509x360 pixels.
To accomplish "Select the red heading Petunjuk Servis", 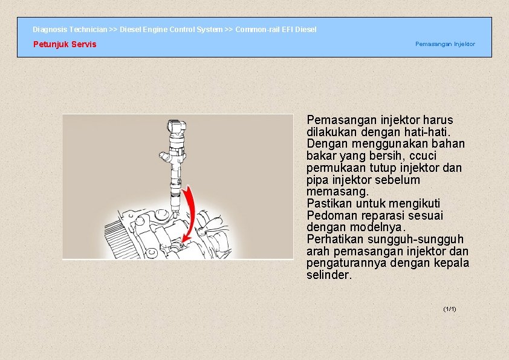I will (x=65, y=44).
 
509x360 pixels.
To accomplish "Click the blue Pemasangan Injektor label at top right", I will (x=445, y=44).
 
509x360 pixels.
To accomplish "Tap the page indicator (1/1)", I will (x=450, y=309).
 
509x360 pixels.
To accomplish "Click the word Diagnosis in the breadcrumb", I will (x=50, y=30).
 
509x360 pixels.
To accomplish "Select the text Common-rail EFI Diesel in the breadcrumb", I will (x=276, y=30).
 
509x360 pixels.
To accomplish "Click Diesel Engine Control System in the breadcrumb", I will (x=171, y=30).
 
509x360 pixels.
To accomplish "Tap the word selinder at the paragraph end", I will (x=328, y=275).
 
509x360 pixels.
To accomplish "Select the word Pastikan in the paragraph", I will (x=329, y=203).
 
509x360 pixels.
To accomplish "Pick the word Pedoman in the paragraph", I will (x=330, y=215).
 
